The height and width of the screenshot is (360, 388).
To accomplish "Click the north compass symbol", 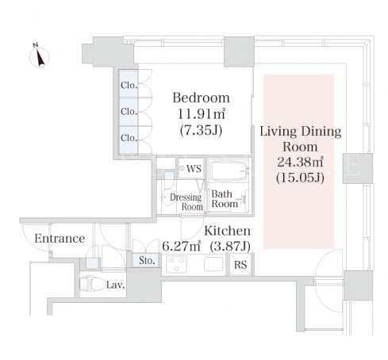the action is coord(39,56).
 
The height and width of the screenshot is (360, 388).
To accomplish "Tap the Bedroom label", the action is coord(201,98).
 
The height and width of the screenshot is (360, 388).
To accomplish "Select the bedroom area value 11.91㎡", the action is coord(202,114).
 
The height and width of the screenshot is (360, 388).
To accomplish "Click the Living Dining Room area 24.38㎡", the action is coord(300,162).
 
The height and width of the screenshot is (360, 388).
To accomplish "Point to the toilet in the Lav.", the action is coord(90,283).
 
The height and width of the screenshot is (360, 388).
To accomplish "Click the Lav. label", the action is coord(115,285).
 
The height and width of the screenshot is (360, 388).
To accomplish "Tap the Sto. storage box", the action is coord(147,260).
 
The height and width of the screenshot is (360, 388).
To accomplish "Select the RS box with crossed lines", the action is coord(240,264).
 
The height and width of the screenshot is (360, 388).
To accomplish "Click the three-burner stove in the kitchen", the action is coord(176,264).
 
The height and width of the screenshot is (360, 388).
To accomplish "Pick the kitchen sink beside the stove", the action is coord(213,264).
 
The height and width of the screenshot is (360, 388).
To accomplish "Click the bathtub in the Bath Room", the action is coord(229,170).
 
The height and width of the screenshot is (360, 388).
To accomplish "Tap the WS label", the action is coord(194,169).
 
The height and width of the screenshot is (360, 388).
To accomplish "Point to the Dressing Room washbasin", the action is coord(167,197).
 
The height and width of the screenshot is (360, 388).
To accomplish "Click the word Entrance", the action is coord(60,239).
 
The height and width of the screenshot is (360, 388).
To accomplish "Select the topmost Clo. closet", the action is coord(129,84).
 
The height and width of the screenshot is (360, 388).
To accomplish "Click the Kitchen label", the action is coord(228,231).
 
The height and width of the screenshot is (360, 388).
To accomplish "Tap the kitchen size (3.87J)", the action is coord(230,247).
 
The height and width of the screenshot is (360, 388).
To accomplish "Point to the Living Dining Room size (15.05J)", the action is coord(300,178).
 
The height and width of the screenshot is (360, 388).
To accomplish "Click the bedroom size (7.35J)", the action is coord(201,130).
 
